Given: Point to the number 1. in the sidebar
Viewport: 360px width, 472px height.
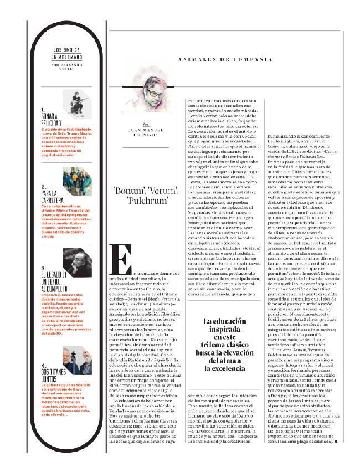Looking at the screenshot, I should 43,110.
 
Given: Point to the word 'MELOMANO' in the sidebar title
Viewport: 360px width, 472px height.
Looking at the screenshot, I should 68,57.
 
